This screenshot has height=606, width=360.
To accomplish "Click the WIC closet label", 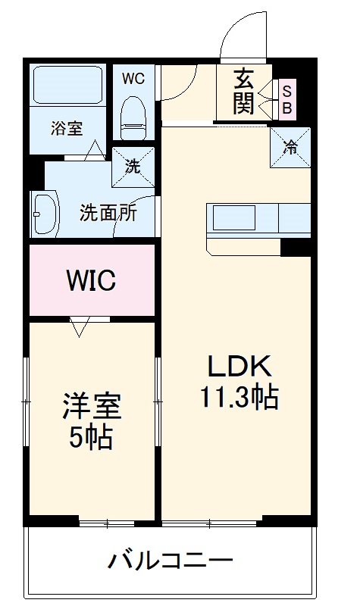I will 90,280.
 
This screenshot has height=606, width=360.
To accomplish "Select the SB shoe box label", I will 287,99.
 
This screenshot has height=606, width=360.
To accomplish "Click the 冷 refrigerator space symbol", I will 290,148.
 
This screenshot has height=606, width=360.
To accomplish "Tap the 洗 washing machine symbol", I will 133,167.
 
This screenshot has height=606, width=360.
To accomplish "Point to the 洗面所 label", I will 108,213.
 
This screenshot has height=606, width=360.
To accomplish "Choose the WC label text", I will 133,78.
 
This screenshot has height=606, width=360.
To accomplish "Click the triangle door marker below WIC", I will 80,328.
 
